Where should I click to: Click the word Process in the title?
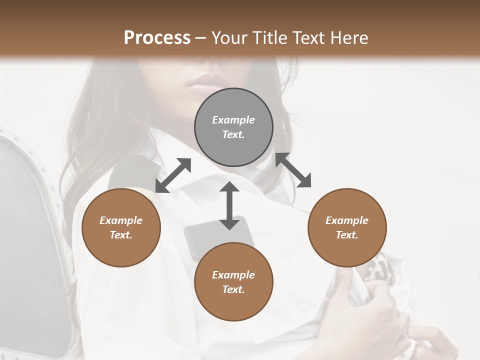tap(157, 38)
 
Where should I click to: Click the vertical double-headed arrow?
tap(229, 205)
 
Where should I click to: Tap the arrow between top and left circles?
tap(173, 175)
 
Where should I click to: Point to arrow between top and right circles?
tap(293, 170)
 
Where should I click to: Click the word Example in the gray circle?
tap(233, 120)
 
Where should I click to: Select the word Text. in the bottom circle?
tap(233, 289)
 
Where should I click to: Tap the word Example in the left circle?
tap(121, 220)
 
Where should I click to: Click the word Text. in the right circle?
tap(347, 235)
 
